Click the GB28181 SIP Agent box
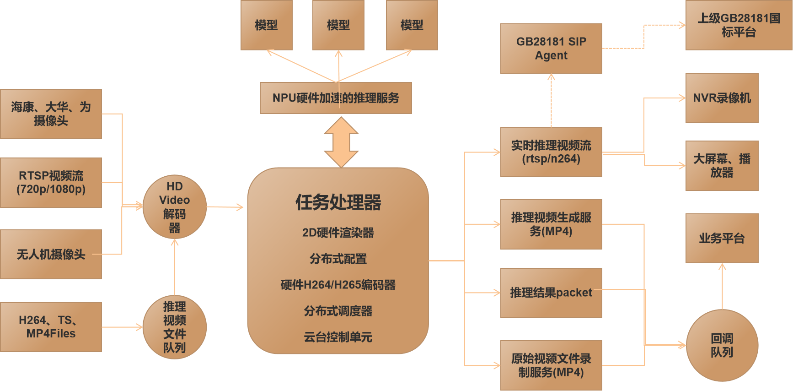[551, 49]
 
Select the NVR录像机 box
[722, 98]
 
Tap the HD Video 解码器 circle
[175, 207]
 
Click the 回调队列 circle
[722, 346]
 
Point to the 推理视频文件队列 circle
[175, 327]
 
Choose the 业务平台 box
[722, 238]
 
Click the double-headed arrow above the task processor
[341, 142]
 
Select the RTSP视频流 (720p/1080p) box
[51, 183]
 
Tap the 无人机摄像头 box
[51, 255]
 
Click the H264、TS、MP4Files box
[51, 327]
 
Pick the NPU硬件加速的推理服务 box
[336, 98]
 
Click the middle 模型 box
[338, 25]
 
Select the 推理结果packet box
[551, 293]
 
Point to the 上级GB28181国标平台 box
[739, 25]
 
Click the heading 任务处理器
[338, 202]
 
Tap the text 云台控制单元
[338, 337]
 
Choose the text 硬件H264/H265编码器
[338, 285]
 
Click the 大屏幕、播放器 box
[722, 166]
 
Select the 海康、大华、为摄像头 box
[51, 114]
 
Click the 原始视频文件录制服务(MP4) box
[551, 365]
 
